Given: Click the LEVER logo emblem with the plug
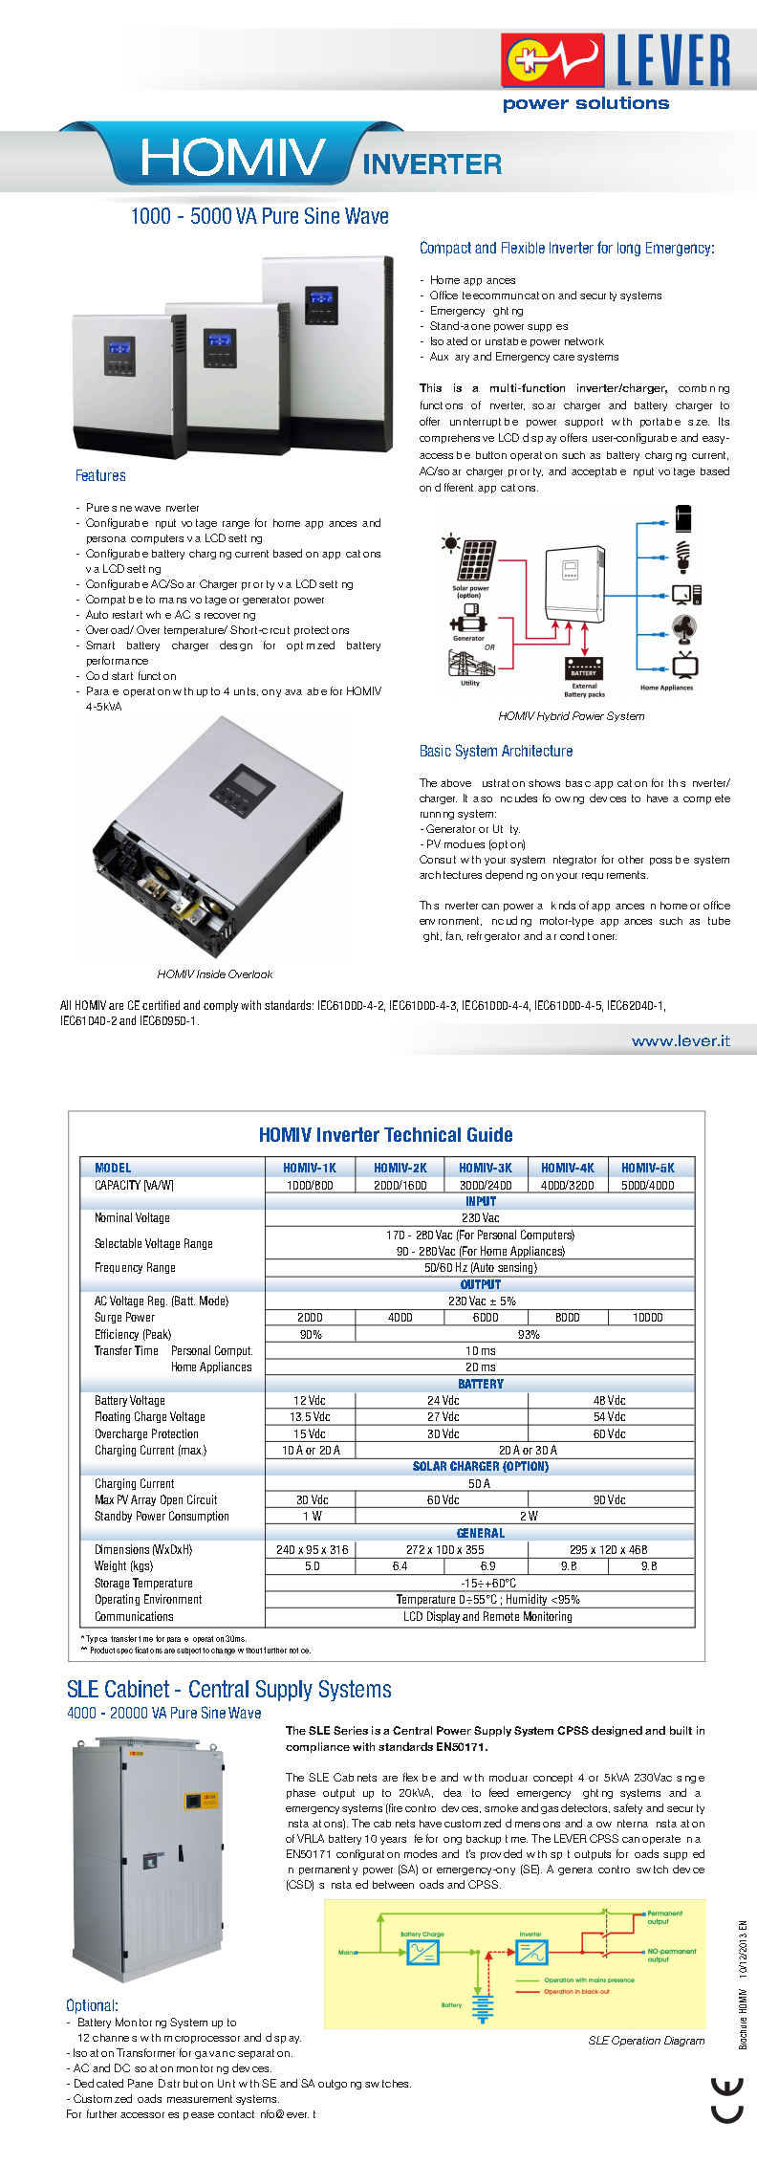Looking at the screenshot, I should [552, 59].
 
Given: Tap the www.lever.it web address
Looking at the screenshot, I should [680, 1041].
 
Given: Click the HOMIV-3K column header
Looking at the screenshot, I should [485, 1168].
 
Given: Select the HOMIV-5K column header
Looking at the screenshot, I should [647, 1168].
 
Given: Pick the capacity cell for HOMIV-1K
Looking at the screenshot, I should [310, 1185].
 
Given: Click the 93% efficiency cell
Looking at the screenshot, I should [528, 1334].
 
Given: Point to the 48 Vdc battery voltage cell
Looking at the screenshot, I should [609, 1400].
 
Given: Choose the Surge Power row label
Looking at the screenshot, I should [124, 1318].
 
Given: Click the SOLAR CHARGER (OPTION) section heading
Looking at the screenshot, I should [480, 1466].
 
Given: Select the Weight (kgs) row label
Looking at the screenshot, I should [123, 1566].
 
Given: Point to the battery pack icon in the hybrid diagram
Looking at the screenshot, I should [583, 667].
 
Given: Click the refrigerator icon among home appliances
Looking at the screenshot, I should [683, 519].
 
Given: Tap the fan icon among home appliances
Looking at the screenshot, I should [683, 628].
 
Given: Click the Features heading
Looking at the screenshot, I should [100, 475].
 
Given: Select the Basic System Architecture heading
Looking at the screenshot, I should [496, 751].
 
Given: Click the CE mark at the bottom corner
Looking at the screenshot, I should [728, 2099].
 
